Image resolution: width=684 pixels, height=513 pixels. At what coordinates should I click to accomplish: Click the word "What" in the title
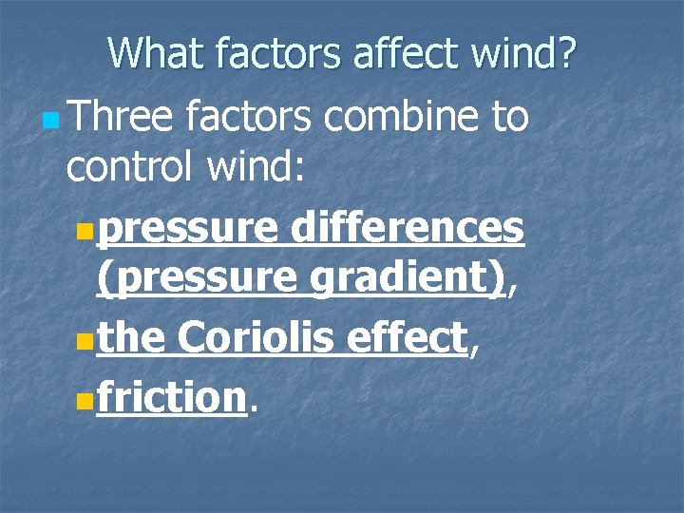[155, 53]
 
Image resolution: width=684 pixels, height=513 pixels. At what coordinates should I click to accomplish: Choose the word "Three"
[121, 118]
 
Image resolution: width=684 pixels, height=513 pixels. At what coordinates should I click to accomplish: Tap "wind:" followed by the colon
[265, 170]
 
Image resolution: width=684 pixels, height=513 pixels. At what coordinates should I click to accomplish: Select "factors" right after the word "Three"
[250, 118]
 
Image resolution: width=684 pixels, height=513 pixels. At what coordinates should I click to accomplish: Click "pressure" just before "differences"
[187, 227]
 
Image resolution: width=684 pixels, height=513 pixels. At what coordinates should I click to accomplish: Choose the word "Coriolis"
[265, 337]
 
